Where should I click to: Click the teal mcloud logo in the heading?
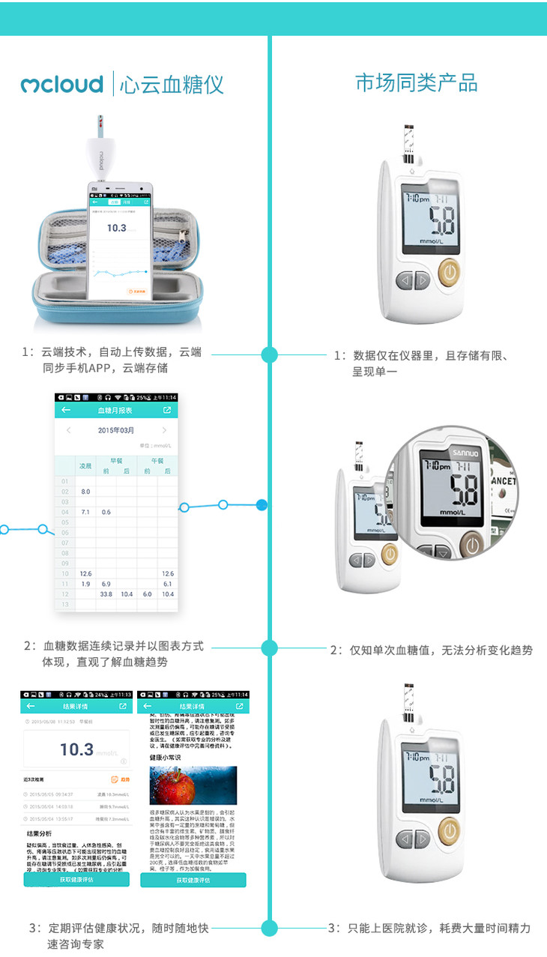tap(61, 84)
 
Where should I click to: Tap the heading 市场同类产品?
tap(416, 83)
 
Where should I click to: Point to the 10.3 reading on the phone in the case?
tap(116, 228)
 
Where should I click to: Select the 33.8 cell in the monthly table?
tap(106, 594)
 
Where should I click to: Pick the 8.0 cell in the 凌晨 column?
tap(85, 492)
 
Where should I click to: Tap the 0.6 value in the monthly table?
tap(106, 512)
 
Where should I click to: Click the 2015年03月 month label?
tap(116, 430)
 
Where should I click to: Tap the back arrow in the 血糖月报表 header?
tap(66, 411)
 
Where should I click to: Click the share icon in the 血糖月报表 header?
tap(167, 411)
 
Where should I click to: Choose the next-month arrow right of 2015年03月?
tap(164, 430)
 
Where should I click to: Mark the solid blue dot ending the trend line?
tap(262, 504)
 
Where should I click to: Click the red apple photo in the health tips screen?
tap(193, 785)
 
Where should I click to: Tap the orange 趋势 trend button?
tap(120, 780)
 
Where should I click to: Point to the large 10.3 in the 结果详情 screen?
tap(76, 749)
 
